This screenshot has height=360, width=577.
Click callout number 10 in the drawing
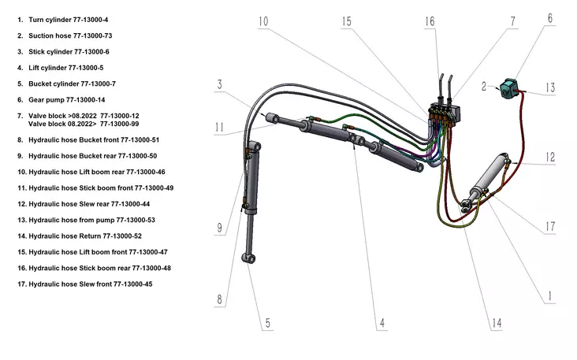pyautogui.click(x=262, y=20)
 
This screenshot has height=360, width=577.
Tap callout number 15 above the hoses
pyautogui.click(x=347, y=20)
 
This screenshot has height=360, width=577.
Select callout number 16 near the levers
pyautogui.click(x=429, y=21)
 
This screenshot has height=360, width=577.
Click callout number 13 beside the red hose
pyautogui.click(x=551, y=87)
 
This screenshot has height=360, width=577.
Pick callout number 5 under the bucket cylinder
pyautogui.click(x=268, y=322)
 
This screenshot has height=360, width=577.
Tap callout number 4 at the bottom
pyautogui.click(x=382, y=322)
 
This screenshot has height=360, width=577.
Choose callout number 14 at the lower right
pyautogui.click(x=497, y=322)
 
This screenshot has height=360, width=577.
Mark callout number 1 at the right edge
pyautogui.click(x=549, y=296)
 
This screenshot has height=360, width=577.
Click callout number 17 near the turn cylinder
pyautogui.click(x=551, y=227)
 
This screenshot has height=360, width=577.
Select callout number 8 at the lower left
pyautogui.click(x=221, y=299)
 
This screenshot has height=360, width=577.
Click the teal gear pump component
pyautogui.click(x=508, y=85)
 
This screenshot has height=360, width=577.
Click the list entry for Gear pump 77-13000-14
pyautogui.click(x=66, y=100)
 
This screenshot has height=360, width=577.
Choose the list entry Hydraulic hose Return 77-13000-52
pyautogui.click(x=84, y=236)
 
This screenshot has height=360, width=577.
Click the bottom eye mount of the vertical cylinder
pyautogui.click(x=248, y=258)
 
